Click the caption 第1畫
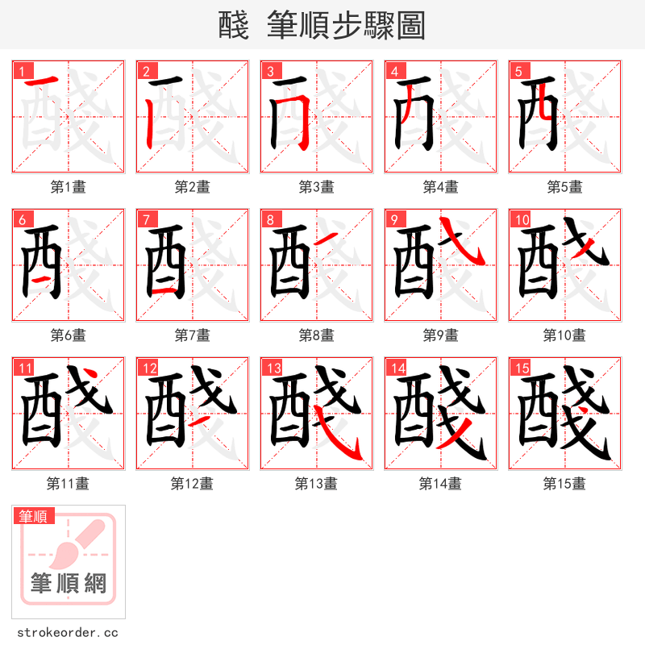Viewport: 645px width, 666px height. coord(68,186)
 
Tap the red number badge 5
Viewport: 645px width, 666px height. coord(518,71)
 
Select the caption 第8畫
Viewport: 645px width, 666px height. coord(316,335)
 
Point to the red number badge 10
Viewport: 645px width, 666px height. coord(521,219)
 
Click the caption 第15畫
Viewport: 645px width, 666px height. coord(564,483)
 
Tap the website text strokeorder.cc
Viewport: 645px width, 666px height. coord(68,632)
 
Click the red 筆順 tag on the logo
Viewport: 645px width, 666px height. coord(34,516)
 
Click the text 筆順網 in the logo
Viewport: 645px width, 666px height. coord(69,582)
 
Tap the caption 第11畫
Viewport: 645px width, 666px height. coord(68,483)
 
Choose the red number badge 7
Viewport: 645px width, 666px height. coord(145,219)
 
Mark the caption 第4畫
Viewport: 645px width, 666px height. coord(440,186)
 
